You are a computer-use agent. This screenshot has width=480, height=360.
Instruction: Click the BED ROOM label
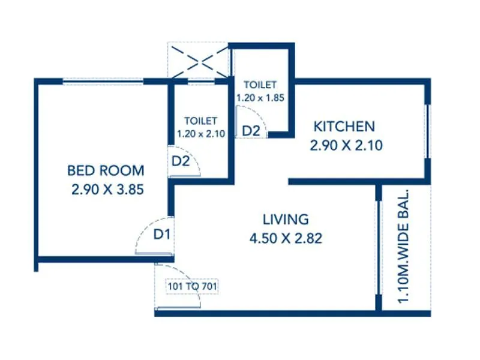106,170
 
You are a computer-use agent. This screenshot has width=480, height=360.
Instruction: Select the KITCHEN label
344,127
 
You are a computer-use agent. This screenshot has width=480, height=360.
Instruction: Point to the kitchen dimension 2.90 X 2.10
346,145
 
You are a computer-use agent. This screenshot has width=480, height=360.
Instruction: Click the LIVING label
286,219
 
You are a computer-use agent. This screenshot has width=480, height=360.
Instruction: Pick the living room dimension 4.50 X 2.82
286,238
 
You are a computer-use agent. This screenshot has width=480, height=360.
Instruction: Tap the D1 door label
161,234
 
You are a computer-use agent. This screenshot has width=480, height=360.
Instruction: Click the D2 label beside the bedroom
181,161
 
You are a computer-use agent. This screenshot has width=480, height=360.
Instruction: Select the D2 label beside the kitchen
251,130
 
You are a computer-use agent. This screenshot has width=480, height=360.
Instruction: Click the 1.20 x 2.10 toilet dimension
200,134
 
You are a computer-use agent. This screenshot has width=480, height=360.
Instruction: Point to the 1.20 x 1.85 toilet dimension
260,97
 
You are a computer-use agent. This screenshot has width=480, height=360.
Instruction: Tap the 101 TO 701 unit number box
192,287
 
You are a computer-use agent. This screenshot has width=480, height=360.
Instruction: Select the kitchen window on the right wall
427,132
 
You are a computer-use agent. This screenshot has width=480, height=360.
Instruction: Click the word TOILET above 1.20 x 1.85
260,85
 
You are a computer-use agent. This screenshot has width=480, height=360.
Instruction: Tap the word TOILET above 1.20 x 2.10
200,121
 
